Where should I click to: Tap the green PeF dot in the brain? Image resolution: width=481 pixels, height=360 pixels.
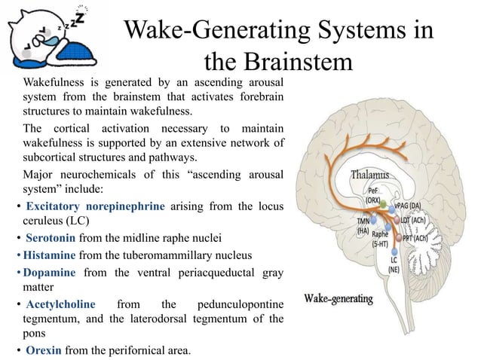click(384, 204)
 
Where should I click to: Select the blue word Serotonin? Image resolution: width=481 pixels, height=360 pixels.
click(50, 237)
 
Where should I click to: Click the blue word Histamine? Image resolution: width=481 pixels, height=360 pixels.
click(49, 255)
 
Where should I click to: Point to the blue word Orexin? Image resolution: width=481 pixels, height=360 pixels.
click(42, 350)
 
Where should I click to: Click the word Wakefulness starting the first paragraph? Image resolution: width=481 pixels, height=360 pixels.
click(54, 81)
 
